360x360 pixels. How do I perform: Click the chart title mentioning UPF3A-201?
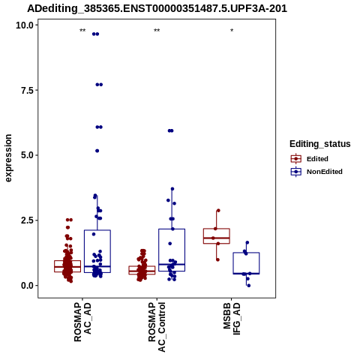(157, 8)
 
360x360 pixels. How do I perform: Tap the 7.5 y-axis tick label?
(27, 90)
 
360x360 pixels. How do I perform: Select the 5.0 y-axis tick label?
(27, 155)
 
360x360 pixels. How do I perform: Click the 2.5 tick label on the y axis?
(27, 220)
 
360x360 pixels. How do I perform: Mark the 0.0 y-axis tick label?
(27, 286)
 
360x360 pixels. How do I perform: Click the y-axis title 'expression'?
(8, 158)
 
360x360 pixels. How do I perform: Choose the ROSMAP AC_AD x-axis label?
(82, 322)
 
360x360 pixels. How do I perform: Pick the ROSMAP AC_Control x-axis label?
(157, 327)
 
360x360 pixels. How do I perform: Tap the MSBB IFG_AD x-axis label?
(232, 319)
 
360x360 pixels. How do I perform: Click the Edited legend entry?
(310, 159)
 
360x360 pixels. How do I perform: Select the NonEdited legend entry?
(316, 172)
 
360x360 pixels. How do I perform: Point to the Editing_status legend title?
(320, 144)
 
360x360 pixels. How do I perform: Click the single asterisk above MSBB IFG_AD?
(232, 31)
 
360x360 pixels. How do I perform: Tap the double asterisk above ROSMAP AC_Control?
(157, 31)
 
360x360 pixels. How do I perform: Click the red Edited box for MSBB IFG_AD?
(217, 236)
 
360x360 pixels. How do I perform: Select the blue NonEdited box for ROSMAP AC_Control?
(172, 250)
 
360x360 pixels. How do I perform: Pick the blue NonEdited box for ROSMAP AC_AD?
(97, 251)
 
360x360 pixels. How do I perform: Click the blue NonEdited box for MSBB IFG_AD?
(246, 263)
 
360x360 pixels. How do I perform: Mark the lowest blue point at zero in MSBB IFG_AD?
(249, 286)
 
